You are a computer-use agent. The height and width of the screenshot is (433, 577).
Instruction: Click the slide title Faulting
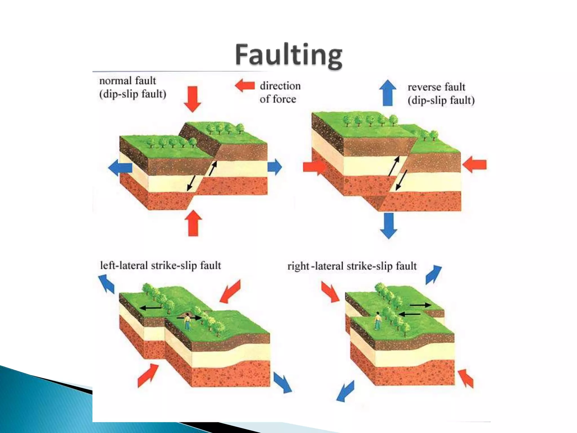coord(289,55)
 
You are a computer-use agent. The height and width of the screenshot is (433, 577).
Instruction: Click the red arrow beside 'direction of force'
coord(245,85)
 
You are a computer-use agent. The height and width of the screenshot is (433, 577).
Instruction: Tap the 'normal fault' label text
coord(128,81)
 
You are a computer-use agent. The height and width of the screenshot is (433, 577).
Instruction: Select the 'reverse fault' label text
coord(436,87)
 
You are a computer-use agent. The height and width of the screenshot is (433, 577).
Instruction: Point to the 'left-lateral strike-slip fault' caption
coord(161,266)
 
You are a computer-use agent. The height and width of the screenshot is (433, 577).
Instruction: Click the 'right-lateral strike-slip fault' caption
coord(352,266)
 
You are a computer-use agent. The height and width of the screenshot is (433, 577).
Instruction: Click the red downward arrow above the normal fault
coord(193,99)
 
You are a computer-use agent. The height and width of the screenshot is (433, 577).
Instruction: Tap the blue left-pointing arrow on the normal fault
coord(120,168)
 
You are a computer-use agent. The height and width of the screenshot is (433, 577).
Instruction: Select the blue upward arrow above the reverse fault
coord(388,93)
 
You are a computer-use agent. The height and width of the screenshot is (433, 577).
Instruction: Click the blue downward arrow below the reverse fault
coord(389,226)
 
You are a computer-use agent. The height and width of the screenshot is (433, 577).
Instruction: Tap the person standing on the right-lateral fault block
coord(377,321)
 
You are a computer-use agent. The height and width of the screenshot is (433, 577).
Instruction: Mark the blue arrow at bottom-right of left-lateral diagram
coord(283,383)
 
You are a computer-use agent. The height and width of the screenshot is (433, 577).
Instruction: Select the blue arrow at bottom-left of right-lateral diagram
coord(345,391)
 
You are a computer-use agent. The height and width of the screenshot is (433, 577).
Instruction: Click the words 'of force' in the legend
coord(278,99)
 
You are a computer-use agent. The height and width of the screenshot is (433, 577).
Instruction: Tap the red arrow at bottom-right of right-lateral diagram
coord(466,379)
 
